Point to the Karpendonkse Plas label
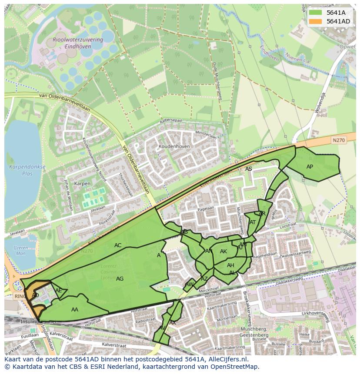click(21, 170)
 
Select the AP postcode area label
click(310, 167)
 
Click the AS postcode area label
click(248, 169)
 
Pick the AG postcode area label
click(120, 279)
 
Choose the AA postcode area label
click(75, 309)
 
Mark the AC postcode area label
click(118, 245)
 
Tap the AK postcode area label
click(223, 252)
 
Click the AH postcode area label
click(230, 265)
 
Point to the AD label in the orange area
click(36, 295)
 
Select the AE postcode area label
click(59, 291)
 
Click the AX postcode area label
click(173, 323)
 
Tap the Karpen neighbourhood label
click(82, 184)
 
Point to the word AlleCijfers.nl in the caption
click(227, 360)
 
